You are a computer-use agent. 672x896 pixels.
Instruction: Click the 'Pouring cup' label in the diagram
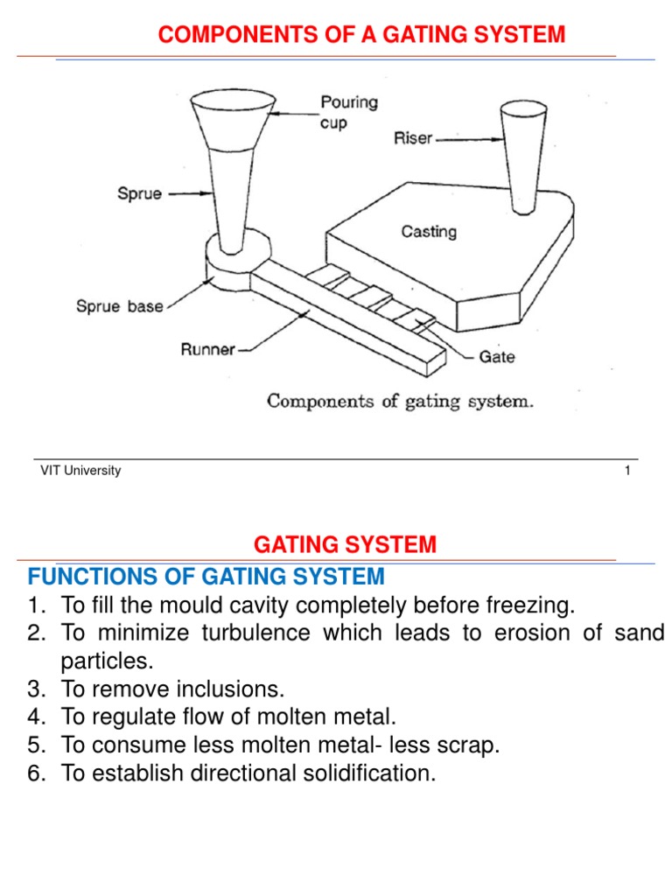click(x=349, y=113)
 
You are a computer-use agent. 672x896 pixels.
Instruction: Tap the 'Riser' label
click(x=412, y=138)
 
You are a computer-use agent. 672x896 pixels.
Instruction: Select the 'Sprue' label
click(x=139, y=194)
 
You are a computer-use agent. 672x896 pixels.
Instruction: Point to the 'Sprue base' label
click(x=119, y=307)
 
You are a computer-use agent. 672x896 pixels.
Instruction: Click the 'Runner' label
click(x=207, y=349)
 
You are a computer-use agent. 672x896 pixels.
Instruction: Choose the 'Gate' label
click(x=496, y=356)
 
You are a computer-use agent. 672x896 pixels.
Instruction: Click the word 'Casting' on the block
click(x=429, y=232)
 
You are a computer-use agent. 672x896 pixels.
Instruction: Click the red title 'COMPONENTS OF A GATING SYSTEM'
click(x=360, y=35)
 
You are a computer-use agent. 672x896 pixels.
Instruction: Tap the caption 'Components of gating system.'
click(x=400, y=402)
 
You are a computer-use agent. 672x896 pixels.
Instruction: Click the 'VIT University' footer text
click(x=80, y=471)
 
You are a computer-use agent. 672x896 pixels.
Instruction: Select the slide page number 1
click(x=627, y=471)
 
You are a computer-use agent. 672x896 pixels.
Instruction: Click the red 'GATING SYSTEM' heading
click(x=345, y=545)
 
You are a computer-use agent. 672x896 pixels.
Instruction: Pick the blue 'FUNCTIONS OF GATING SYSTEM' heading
click(x=206, y=577)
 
